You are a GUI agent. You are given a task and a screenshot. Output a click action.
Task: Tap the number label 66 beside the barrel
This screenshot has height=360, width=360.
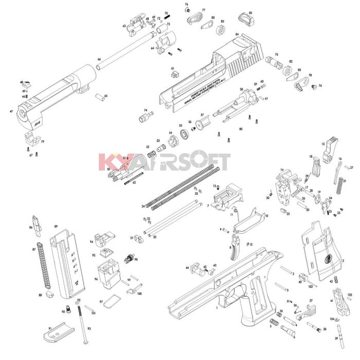click(99, 60)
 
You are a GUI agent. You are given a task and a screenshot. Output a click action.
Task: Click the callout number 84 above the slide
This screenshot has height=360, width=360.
click(237, 34)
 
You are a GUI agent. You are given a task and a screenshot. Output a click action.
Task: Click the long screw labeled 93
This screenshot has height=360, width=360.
click(82, 327)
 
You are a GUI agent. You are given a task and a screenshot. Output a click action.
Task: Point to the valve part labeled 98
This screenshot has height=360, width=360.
click(129, 257)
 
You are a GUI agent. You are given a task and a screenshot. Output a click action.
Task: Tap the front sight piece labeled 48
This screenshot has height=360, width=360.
click(28, 82)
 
